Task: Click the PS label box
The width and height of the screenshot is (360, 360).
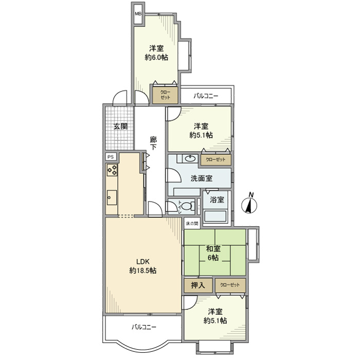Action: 111,157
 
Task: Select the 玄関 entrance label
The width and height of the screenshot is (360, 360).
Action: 120,126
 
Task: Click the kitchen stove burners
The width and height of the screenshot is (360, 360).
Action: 113,170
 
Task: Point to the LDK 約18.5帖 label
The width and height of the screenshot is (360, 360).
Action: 142,265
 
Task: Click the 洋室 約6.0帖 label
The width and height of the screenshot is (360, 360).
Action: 156,53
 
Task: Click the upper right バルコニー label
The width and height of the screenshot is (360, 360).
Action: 206,96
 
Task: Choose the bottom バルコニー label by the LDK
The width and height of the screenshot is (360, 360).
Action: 143,327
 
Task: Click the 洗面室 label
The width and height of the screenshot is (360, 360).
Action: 202,178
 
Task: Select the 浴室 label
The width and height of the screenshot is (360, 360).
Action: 217,199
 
